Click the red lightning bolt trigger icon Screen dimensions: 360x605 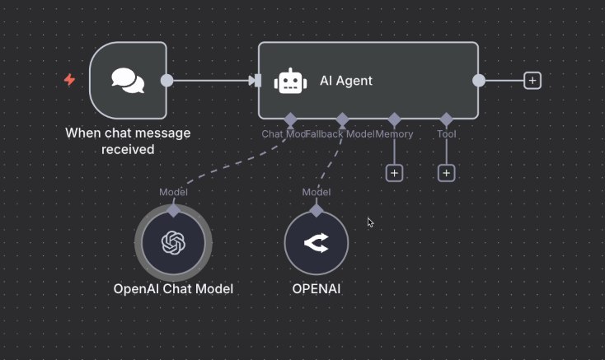[69, 80]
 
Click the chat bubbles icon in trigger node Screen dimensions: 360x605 [128, 81]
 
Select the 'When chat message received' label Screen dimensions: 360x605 [128, 141]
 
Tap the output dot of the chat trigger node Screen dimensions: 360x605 [166, 81]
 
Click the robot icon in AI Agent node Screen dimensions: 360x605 [289, 81]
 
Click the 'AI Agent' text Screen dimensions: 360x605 [346, 81]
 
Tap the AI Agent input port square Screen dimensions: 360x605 [256, 81]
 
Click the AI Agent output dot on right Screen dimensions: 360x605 [478, 80]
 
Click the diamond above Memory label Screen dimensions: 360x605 [394, 119]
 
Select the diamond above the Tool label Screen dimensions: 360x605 [446, 119]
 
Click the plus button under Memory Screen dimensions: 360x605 [394, 173]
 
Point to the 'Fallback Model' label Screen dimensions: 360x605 [340, 133]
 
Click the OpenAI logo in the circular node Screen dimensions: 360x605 [173, 243]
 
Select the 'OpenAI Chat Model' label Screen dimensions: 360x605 [173, 289]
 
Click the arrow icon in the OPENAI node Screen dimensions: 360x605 [317, 243]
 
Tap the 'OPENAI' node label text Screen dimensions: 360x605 [317, 289]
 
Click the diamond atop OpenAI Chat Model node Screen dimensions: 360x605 [173, 210]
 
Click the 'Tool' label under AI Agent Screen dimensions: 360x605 [446, 133]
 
